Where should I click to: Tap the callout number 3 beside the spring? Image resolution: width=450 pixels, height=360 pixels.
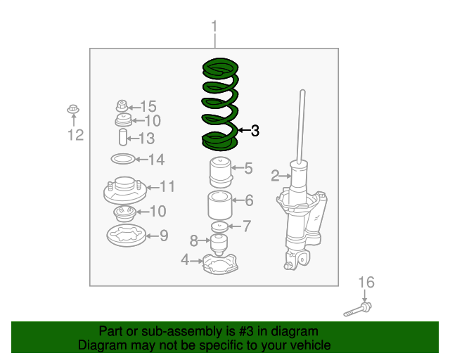tap(255, 131)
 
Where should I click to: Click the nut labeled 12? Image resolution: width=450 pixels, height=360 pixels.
tap(73, 110)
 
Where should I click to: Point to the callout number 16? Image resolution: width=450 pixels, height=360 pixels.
tap(366, 282)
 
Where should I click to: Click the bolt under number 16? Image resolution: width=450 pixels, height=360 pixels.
tap(358, 309)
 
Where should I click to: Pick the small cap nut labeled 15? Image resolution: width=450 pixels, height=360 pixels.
tap(122, 106)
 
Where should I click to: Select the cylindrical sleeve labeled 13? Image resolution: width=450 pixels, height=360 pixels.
tap(123, 137)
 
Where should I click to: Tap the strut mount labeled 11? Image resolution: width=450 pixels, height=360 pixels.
tap(125, 191)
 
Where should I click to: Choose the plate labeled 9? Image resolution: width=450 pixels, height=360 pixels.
tap(127, 236)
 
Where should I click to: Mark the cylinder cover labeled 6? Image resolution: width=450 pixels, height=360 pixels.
tap(220, 205)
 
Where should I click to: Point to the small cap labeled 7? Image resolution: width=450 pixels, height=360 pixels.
tap(219, 227)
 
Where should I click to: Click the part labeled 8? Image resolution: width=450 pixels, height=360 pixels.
tap(219, 245)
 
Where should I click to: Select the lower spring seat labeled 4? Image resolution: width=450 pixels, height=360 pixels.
tap(220, 264)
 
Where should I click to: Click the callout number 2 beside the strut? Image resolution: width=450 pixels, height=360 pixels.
tap(275, 175)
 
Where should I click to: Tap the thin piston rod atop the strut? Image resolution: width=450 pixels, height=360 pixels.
tap(302, 127)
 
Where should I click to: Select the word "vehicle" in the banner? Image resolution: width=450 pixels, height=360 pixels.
tap(312, 345)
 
